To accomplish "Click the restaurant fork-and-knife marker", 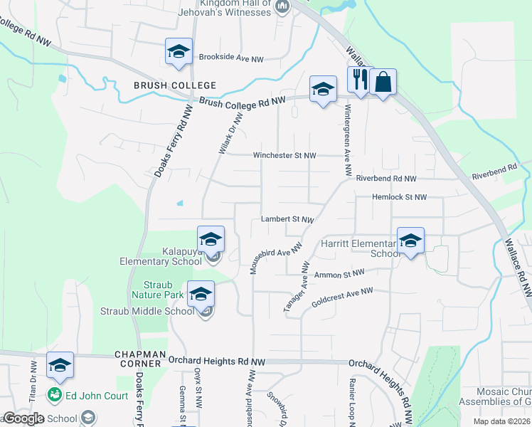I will pos(358,81).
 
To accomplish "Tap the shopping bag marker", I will pos(383,83).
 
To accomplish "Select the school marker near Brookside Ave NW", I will pos(179,52).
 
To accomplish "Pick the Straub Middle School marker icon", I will pos(201,294).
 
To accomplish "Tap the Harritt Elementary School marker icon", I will pos(410,242).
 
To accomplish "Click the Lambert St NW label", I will pos(287,220).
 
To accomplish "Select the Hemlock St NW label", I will pos(399,197).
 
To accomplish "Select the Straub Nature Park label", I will pos(152,289).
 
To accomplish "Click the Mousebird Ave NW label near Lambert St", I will pos(276,257).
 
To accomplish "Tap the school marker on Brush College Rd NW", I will pos(323,90).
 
